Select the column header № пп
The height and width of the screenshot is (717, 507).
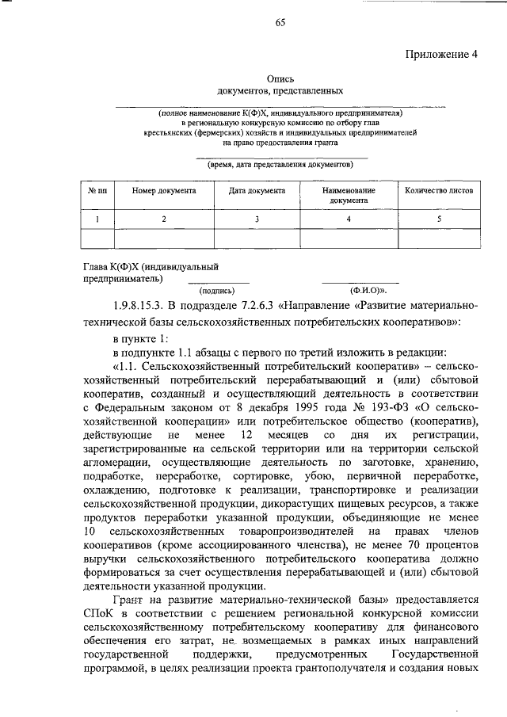[x=97, y=191]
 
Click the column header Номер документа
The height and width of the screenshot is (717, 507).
[x=164, y=191]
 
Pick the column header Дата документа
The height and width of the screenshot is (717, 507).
[x=257, y=191]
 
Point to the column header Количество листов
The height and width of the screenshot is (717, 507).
[x=439, y=191]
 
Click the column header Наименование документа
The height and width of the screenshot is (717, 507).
[x=349, y=196]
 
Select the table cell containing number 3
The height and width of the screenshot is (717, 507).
[x=257, y=219]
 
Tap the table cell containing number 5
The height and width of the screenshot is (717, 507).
[x=439, y=219]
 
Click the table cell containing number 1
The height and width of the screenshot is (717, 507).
[x=97, y=219]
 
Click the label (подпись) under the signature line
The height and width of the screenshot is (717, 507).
[x=218, y=290]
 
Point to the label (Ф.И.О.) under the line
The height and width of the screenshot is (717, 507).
[x=349, y=290]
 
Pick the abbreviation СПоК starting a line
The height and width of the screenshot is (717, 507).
[x=98, y=615]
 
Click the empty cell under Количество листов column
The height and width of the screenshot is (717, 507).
[x=439, y=238]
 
